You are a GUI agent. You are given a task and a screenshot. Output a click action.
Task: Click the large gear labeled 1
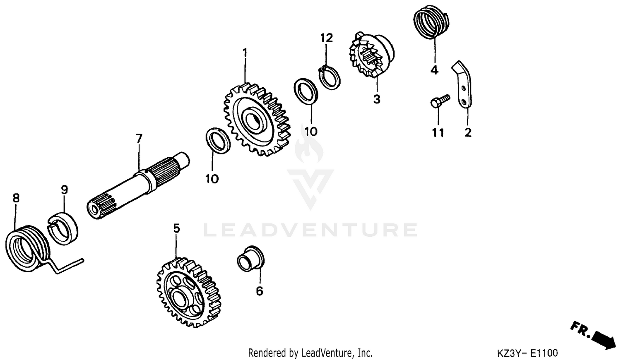tap(257, 120)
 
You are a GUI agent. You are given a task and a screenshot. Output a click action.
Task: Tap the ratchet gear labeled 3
tap(371, 56)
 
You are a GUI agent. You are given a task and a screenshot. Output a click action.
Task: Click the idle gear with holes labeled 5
tap(188, 292)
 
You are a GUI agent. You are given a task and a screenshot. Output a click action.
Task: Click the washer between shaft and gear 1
tap(218, 141)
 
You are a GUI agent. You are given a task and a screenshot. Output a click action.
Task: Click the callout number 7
tap(139, 138)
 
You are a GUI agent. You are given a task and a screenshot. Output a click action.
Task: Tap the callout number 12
tap(326, 38)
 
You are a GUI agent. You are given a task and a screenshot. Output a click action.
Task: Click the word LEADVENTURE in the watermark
tap(310, 230)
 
